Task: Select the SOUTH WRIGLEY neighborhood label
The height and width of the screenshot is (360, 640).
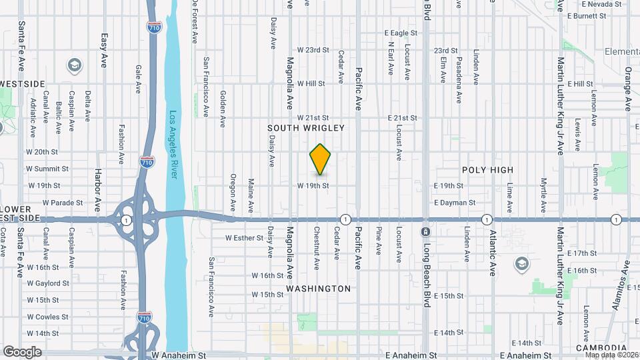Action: coord(306,127)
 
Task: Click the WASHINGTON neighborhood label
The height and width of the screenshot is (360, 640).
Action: coord(318,289)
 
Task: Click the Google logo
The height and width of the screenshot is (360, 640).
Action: coord(22,351)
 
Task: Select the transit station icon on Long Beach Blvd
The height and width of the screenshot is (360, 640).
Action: coord(425,232)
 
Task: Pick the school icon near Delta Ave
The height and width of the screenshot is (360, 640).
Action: coord(74,65)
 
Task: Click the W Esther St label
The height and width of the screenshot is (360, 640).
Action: coord(245,237)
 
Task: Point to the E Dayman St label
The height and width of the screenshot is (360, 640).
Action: coord(455,202)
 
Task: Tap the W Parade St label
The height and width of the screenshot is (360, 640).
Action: coord(63,202)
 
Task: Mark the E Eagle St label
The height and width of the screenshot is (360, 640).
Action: coord(402,33)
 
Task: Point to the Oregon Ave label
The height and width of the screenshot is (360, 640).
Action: coord(233,189)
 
